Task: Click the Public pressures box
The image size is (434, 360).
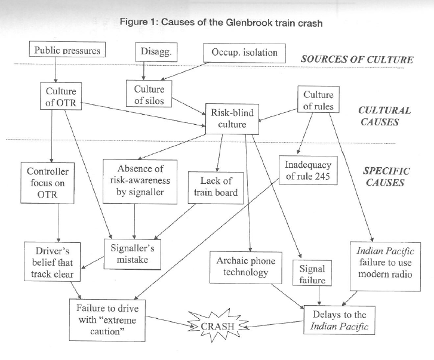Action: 67,50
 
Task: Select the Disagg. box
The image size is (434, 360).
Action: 156,51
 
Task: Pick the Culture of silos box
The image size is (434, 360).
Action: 149,95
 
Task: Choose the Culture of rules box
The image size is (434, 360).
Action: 318,100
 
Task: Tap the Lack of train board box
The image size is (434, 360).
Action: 216,186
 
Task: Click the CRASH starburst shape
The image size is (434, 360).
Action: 217,326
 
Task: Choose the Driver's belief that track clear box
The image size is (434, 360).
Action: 48,260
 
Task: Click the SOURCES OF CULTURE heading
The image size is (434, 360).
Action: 357,59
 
